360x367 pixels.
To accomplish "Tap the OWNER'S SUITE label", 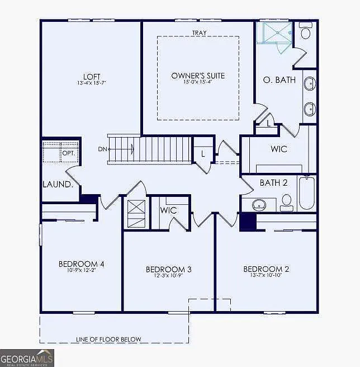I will tap(198, 76).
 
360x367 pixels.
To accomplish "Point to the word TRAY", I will tap(198, 32).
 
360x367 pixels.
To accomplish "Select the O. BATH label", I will tap(279, 80).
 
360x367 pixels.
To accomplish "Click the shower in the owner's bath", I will tap(274, 32).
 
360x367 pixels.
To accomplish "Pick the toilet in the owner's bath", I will tap(305, 31).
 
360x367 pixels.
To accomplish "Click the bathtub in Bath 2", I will tap(306, 193).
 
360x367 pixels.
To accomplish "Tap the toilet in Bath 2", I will tap(287, 201).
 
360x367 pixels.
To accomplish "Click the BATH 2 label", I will tap(273, 183).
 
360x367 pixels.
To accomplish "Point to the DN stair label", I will tap(102, 149).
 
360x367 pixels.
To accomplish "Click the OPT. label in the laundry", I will tap(69, 152).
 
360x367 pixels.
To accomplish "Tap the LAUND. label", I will tap(57, 184).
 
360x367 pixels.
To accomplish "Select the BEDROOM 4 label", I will tap(82, 264).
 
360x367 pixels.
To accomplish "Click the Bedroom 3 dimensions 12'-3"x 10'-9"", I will tap(168, 276).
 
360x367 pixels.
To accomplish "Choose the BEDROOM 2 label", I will tap(266, 269).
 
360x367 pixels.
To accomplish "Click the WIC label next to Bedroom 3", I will tap(168, 210).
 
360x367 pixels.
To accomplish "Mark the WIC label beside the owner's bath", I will tap(278, 149).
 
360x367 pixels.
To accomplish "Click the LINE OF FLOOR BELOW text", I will tap(108, 339).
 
